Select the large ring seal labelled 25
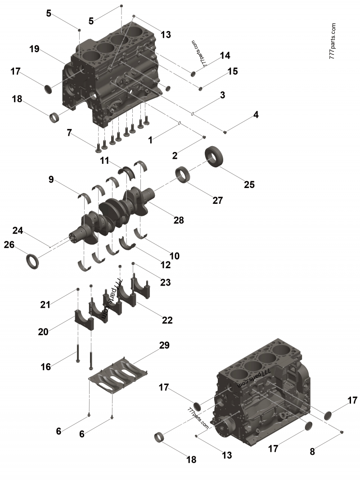pyautogui.click(x=216, y=158)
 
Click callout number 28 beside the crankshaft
pyautogui.click(x=178, y=220)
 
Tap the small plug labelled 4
pyautogui.click(x=225, y=132)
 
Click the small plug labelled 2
pyautogui.click(x=203, y=137)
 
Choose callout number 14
pyautogui.click(x=225, y=55)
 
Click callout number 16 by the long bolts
pyautogui.click(x=46, y=367)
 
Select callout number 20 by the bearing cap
pyautogui.click(x=43, y=332)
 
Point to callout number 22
pyautogui.click(x=167, y=320)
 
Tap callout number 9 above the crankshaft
pyautogui.click(x=51, y=180)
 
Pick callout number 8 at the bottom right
pyautogui.click(x=312, y=452)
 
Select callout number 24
pyautogui.click(x=18, y=231)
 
